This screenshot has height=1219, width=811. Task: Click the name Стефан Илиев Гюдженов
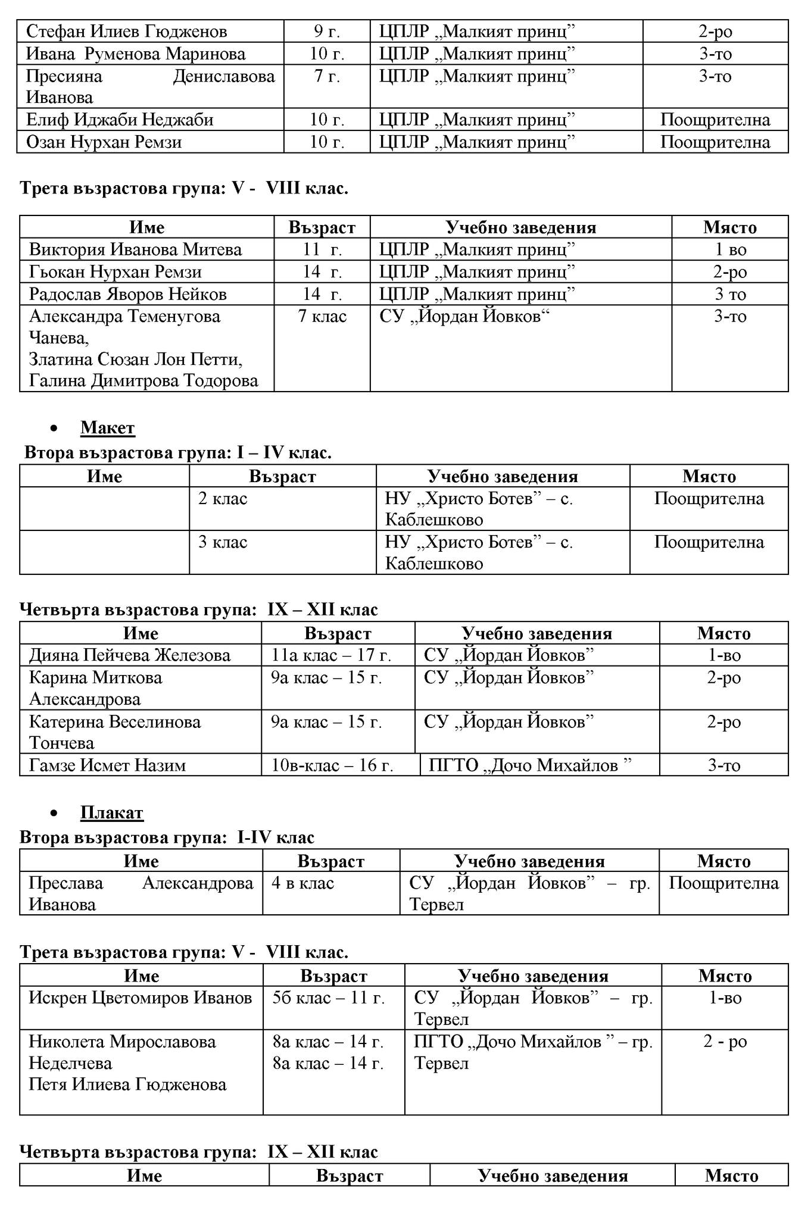tap(126, 31)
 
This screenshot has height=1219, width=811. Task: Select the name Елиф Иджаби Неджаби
tap(119, 120)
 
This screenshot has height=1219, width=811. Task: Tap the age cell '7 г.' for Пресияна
tap(327, 76)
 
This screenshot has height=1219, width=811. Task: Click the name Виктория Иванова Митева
tap(135, 249)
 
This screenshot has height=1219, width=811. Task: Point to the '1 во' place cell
tap(730, 249)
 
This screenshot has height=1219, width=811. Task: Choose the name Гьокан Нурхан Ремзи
tap(115, 272)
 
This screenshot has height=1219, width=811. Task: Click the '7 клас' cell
tap(322, 316)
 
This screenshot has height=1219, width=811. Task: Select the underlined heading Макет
tap(108, 428)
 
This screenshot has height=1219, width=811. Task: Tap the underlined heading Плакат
tap(112, 812)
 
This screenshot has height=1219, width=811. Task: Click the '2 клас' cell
tap(223, 499)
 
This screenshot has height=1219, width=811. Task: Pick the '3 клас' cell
tap(223, 542)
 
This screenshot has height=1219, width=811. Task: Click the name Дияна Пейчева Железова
tap(130, 655)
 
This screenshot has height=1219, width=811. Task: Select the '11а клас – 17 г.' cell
tap(331, 655)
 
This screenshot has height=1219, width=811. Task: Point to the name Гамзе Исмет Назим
tap(107, 765)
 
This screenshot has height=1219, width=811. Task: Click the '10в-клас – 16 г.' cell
tap(332, 765)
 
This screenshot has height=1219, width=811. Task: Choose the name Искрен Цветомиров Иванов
tap(141, 998)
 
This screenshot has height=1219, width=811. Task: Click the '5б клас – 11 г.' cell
tap(329, 998)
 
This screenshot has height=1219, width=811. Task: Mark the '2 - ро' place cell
tap(725, 1042)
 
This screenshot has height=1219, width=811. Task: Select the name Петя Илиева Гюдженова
tap(127, 1084)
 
